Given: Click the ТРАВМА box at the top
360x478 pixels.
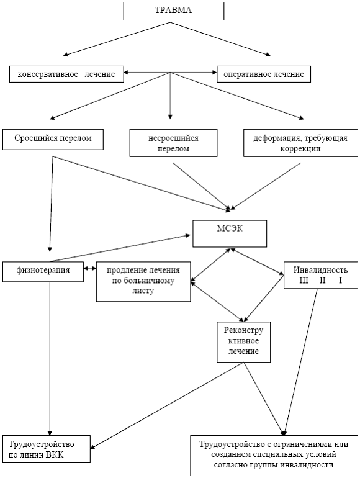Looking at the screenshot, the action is (x=174, y=11).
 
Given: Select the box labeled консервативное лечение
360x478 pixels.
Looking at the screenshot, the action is (x=66, y=74).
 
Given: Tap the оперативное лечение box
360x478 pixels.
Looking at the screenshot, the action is (x=264, y=74).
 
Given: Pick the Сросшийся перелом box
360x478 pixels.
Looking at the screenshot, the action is (x=53, y=139).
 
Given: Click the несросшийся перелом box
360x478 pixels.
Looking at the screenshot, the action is (x=173, y=143).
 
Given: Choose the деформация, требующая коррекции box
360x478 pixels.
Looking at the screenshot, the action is (x=300, y=143).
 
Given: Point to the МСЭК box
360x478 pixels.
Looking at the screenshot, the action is (x=230, y=233).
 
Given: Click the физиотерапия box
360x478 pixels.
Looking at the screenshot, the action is (x=43, y=272).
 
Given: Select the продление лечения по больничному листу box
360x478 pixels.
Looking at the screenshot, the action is (x=143, y=282).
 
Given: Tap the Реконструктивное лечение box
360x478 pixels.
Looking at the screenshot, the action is (x=243, y=341).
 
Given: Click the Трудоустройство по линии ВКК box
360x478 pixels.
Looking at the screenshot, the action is (x=47, y=449).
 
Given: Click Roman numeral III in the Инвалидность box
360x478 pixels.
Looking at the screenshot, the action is (x=304, y=280).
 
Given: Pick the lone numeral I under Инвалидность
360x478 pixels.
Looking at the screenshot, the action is (x=340, y=280).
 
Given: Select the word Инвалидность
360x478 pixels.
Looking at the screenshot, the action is (x=320, y=270).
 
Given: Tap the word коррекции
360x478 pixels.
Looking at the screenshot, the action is (x=300, y=149).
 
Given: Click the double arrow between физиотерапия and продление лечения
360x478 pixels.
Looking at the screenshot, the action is (x=90, y=268).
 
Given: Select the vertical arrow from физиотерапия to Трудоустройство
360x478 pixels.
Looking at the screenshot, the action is (x=50, y=359).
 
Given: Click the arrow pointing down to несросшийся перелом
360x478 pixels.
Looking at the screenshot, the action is (x=170, y=96).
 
